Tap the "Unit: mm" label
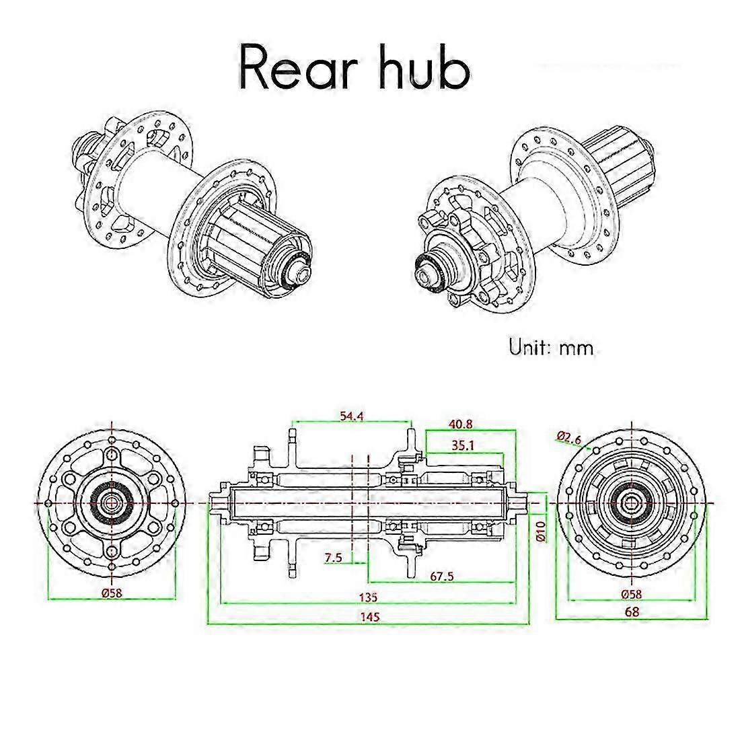[551, 348]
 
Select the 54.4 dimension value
[351, 417]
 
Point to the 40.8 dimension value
[461, 424]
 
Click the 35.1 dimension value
[464, 445]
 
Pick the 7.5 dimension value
[333, 558]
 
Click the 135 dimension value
[368, 597]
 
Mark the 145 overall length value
[369, 617]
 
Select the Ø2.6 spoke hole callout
[569, 437]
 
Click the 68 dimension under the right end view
[632, 612]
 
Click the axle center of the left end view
[111, 502]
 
